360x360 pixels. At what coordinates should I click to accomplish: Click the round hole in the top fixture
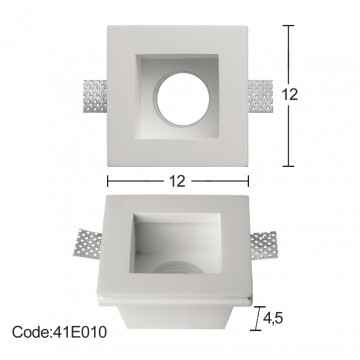click(183, 99)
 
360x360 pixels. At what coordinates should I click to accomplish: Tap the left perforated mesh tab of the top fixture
click(95, 96)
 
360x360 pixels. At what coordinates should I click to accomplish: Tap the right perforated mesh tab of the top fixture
click(260, 96)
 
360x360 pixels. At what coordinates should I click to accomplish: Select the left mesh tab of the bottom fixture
click(87, 243)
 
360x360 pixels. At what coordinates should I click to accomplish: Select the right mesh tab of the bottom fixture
click(264, 245)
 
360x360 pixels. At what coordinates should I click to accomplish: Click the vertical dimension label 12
click(289, 95)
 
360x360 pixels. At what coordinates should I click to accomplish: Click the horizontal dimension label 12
click(177, 181)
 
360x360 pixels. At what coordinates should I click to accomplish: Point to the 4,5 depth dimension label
click(273, 318)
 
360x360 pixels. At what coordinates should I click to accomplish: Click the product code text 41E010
click(80, 332)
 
